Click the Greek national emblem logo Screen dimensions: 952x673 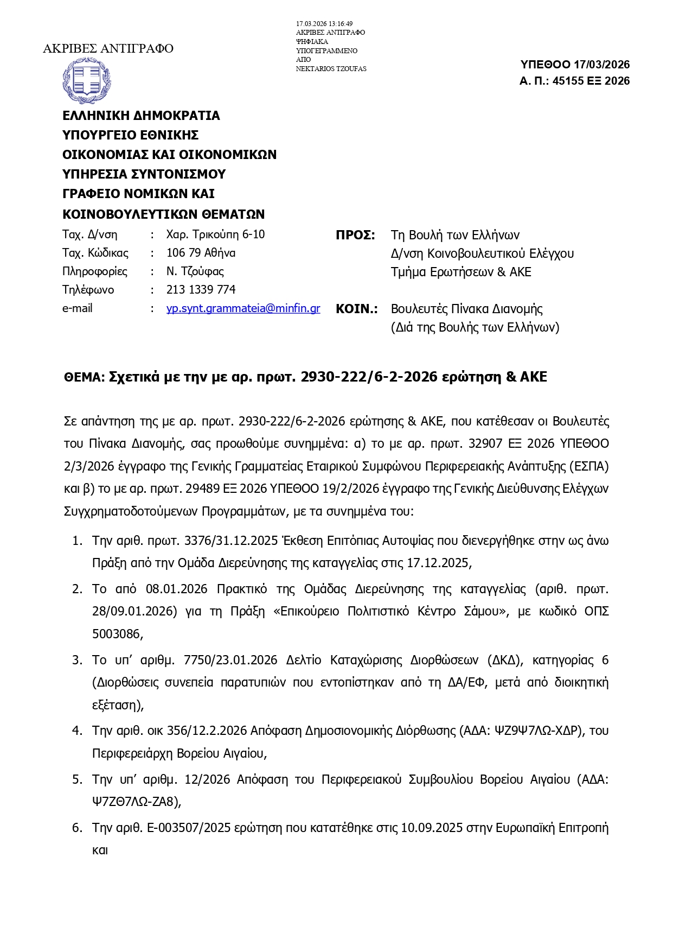87,80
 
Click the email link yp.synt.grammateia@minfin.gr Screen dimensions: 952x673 243,308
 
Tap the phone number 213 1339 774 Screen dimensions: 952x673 201,290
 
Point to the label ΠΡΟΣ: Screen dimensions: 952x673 355,235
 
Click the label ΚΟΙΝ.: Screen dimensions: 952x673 356,309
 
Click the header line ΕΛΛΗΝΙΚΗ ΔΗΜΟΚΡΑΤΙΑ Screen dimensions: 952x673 141,116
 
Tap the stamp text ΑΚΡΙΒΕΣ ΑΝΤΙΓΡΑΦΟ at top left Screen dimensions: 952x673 108,49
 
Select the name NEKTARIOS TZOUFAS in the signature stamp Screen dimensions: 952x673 331,69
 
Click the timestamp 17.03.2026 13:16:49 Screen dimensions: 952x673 324,24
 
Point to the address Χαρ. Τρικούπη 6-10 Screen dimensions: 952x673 215,234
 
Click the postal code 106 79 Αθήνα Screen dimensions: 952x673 201,253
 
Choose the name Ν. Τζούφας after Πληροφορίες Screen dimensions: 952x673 195,271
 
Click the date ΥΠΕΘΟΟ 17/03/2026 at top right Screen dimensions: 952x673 575,65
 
